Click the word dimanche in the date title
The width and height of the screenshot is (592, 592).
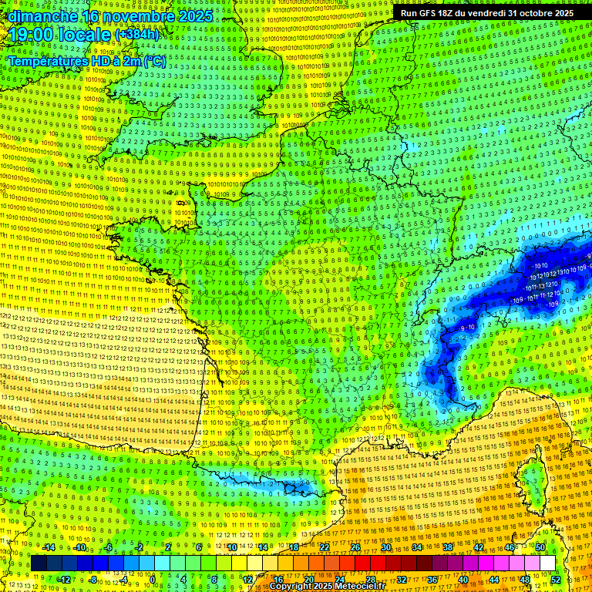tap(42, 15)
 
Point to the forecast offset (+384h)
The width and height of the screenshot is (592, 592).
tap(137, 35)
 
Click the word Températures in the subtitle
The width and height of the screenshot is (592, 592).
tap(46, 62)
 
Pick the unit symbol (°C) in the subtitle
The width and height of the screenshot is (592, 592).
tap(153, 62)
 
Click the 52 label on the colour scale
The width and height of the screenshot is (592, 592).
tap(556, 579)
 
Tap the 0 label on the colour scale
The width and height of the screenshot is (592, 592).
tap(152, 579)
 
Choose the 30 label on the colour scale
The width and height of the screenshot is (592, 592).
tap(385, 547)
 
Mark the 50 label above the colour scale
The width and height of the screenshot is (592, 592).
tap(540, 547)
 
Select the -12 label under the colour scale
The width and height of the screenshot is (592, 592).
tap(64, 579)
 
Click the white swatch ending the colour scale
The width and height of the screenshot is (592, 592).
tap(547, 563)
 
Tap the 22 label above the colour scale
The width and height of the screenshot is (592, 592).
tap(325, 547)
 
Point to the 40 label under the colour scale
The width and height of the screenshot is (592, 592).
tap(462, 579)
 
